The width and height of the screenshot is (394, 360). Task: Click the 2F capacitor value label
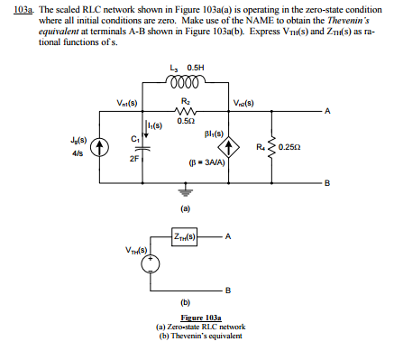point(133,158)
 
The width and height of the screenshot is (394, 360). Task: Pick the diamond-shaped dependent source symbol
point(233,146)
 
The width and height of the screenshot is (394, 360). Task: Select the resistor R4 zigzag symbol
point(267,145)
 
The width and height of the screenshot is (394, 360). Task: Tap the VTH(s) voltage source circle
point(153,264)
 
